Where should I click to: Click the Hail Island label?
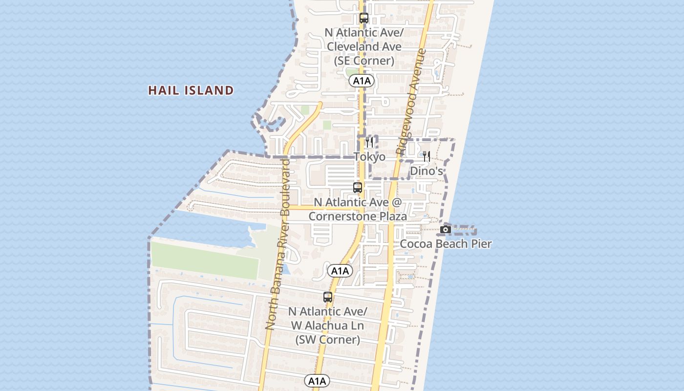point(191,90)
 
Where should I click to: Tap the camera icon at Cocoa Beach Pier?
point(445,229)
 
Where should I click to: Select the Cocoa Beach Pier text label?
point(446,243)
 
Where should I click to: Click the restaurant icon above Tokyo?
point(369,142)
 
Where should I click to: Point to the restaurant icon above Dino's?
point(427,156)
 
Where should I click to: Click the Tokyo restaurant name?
point(369,157)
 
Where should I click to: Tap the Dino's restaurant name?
point(427,171)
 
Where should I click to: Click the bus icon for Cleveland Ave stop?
point(364,18)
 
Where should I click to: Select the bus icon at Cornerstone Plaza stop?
point(358,187)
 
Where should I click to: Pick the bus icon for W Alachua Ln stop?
point(328,297)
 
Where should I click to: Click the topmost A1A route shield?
point(362,81)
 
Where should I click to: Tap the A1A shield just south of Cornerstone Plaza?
point(340,271)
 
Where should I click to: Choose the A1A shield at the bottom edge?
point(317,381)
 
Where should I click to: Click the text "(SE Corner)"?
point(364,61)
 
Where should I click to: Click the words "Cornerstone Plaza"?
point(358,216)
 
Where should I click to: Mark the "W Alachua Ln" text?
point(328,326)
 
